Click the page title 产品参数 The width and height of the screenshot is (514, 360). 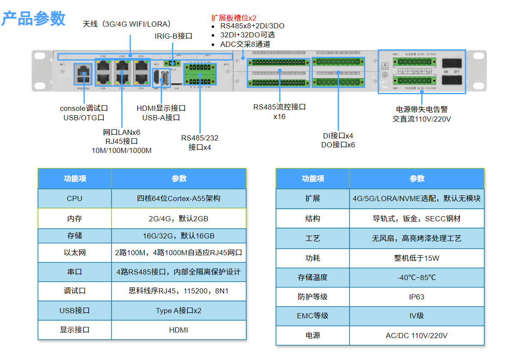[x=34, y=19]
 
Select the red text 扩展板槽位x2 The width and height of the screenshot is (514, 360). [x=233, y=18]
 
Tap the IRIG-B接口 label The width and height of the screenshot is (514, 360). [x=173, y=36]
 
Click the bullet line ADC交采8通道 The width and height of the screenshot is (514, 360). [x=245, y=44]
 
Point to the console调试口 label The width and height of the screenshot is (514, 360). [x=84, y=108]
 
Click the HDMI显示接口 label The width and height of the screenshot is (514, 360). [x=161, y=108]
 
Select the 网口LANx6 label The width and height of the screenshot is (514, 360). [x=122, y=132]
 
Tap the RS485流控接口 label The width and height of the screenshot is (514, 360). [x=279, y=107]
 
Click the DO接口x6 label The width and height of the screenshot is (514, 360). [x=338, y=145]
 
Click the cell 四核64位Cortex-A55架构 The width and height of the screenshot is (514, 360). [x=179, y=198]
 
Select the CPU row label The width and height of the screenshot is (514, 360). [x=74, y=198]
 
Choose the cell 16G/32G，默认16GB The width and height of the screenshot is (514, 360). [x=179, y=236]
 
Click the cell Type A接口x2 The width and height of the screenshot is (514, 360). [x=179, y=311]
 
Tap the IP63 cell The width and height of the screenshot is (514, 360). [x=416, y=296]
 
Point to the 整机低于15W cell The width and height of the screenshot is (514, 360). [x=416, y=258]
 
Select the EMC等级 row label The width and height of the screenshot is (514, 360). [x=312, y=316]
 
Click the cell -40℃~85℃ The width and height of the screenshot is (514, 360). [x=416, y=278]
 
